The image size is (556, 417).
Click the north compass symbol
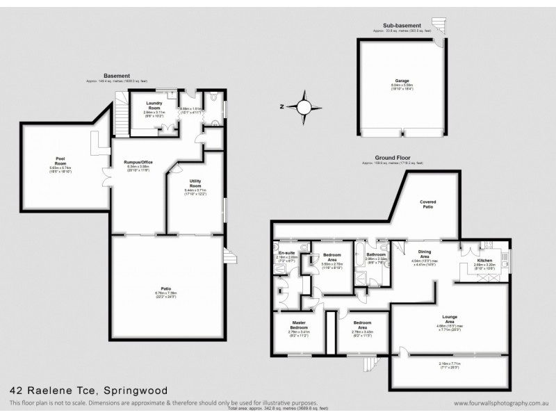pyautogui.click(x=303, y=107)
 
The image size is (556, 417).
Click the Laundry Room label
pyautogui.click(x=154, y=104)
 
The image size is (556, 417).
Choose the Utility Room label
pyautogui.click(x=195, y=182)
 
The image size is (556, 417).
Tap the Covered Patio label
pyautogui.click(x=428, y=202)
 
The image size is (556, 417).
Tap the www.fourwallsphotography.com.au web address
pyautogui.click(x=497, y=403)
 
